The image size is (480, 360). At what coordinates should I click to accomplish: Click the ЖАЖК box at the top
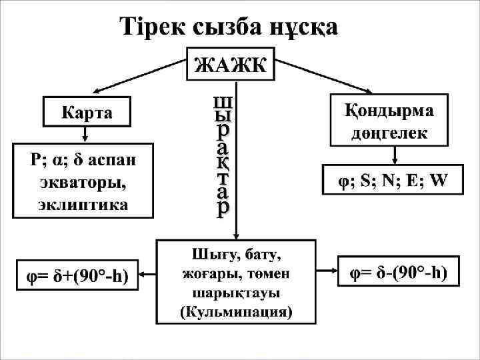[229, 65]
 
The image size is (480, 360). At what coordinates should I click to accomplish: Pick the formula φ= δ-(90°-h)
[399, 273]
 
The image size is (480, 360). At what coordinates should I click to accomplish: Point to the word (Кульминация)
[236, 311]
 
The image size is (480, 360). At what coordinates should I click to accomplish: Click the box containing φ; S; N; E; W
[392, 180]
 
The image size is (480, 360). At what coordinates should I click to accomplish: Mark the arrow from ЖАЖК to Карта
[139, 74]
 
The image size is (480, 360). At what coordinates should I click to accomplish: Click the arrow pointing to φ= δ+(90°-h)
[147, 274]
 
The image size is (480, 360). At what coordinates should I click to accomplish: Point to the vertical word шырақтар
[222, 157]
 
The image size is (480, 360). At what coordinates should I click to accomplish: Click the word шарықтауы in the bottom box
[236, 293]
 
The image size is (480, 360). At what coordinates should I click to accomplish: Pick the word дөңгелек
[390, 133]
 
